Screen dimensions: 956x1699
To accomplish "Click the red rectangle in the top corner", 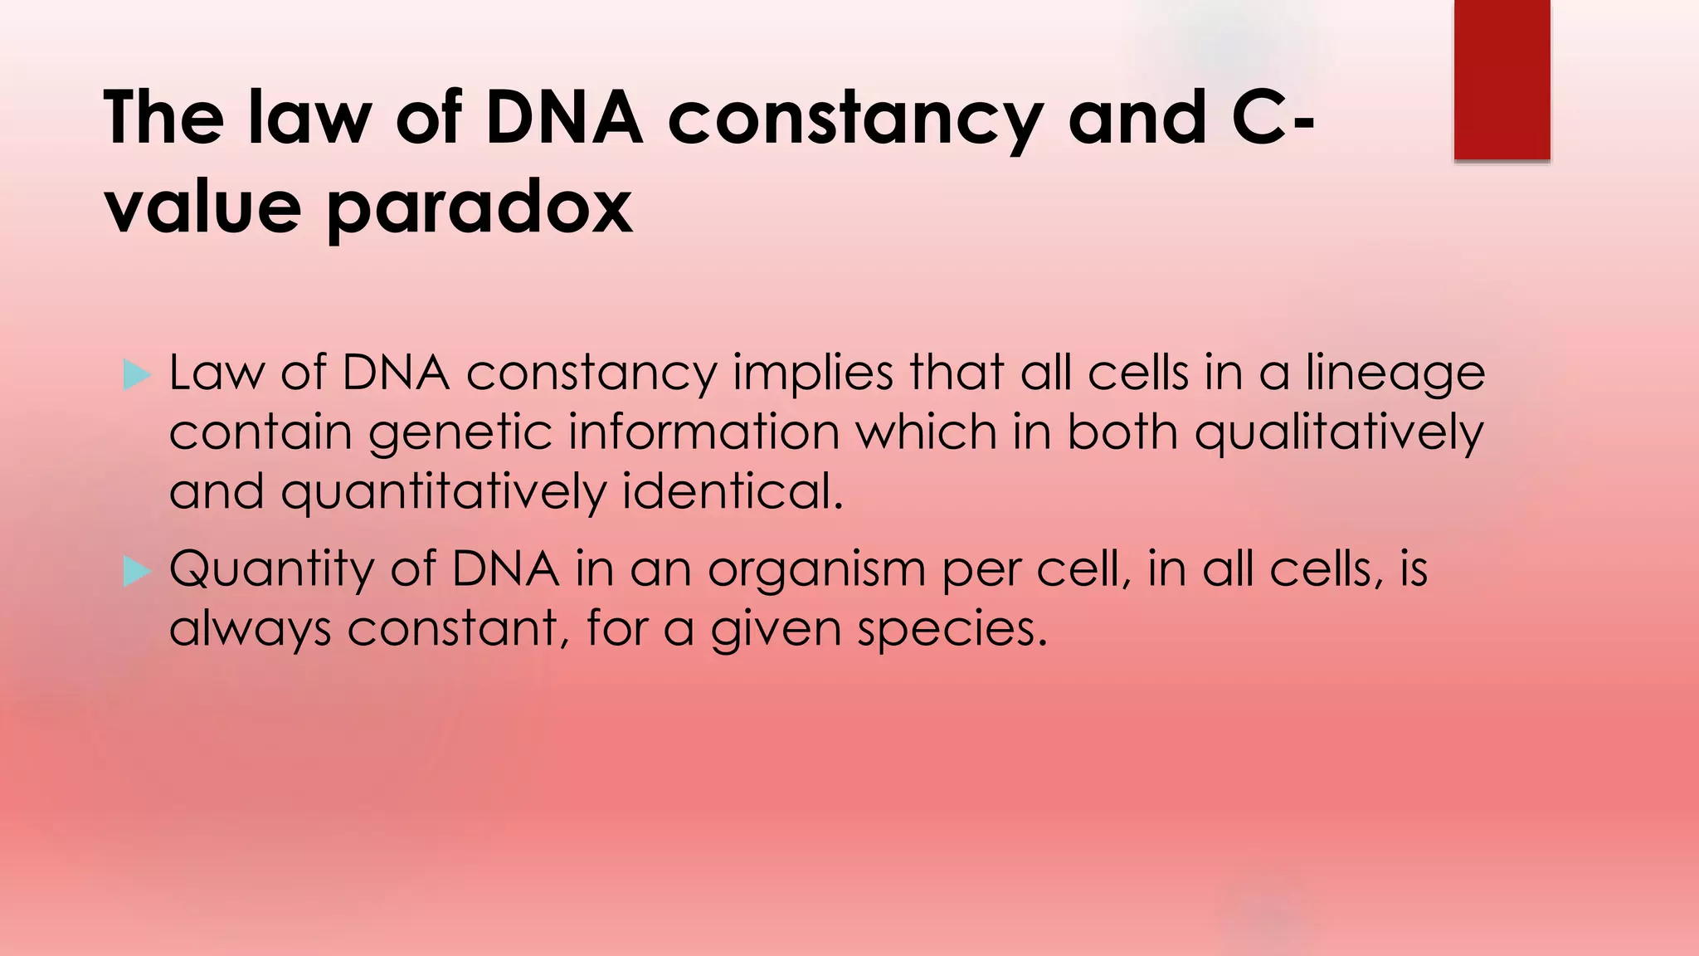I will (x=1502, y=79).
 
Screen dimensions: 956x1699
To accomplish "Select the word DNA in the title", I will (x=564, y=118).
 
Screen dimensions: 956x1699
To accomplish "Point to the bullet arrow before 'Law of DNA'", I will (x=136, y=375).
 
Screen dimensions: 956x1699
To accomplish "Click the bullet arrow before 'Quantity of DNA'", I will (x=136, y=571).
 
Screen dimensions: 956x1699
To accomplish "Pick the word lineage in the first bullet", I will (x=1395, y=373).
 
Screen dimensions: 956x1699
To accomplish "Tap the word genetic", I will (x=460, y=433).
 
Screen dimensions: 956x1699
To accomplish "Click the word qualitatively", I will (x=1338, y=433).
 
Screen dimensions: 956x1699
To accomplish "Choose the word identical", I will (x=732, y=491).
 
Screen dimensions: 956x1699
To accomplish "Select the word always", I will (x=250, y=630).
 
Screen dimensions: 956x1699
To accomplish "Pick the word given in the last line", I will (x=776, y=630).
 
